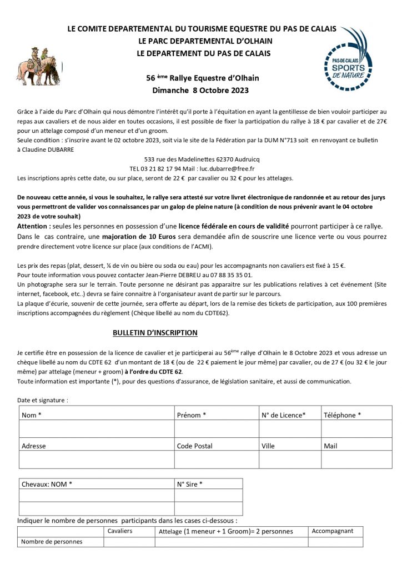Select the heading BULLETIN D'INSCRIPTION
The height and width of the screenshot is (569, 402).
click(x=155, y=332)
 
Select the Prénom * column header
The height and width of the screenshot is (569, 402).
click(x=192, y=415)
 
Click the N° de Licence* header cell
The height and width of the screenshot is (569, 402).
click(x=283, y=415)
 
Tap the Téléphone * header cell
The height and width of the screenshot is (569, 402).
click(x=343, y=415)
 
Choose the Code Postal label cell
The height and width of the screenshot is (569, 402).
click(x=194, y=446)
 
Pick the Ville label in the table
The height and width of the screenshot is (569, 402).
click(x=268, y=446)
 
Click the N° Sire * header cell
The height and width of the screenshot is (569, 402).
click(x=190, y=484)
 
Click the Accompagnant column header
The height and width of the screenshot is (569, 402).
click(x=333, y=531)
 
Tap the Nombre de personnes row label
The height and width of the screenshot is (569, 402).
click(x=52, y=541)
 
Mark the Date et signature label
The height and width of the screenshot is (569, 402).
click(x=43, y=400)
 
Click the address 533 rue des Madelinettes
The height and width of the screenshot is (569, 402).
click(x=179, y=159)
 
